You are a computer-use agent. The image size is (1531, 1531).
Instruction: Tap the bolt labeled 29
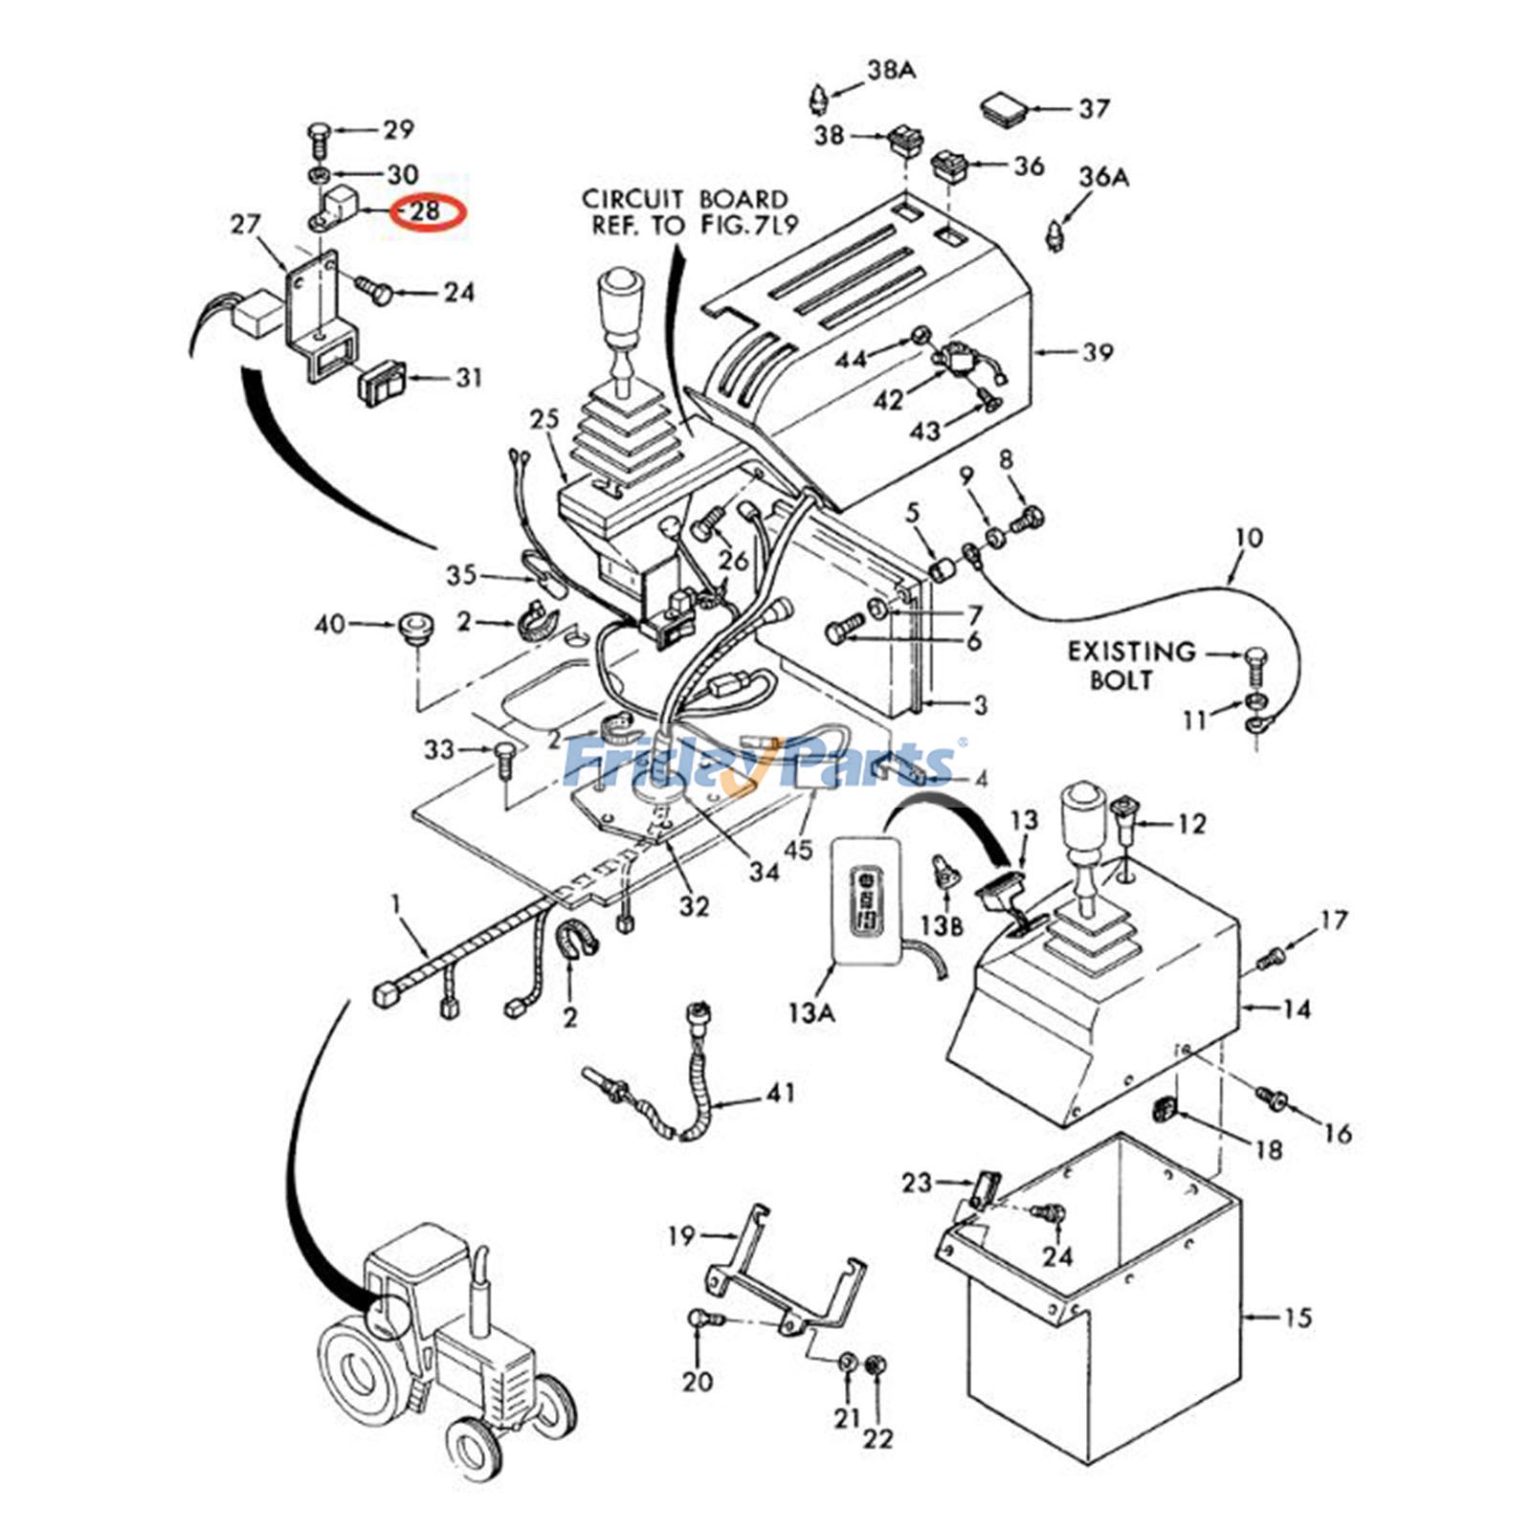tap(319, 138)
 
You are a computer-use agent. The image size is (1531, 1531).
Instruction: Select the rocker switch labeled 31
tap(381, 383)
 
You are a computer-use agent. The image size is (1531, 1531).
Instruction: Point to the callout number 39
tap(1098, 352)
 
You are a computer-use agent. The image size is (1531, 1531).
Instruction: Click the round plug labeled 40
tap(411, 631)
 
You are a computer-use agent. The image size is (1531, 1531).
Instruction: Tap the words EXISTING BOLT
tap(1131, 666)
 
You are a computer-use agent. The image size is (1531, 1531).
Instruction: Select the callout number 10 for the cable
tap(1249, 538)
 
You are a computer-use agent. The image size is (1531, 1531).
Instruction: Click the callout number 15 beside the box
tap(1297, 1318)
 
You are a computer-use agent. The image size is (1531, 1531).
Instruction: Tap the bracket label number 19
tap(681, 1236)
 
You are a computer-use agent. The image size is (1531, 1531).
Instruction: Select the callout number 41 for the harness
tap(781, 1092)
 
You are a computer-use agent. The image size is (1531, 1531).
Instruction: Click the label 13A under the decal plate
tap(810, 1010)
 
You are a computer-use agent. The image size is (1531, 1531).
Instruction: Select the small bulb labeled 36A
tap(1055, 233)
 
